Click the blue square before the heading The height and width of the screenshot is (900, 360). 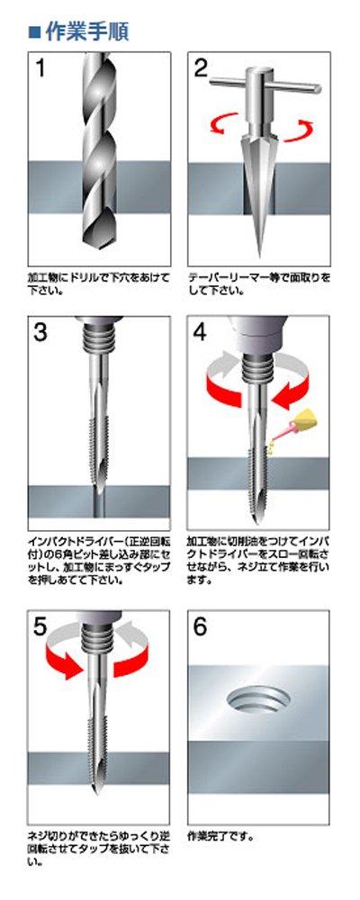(x=34, y=32)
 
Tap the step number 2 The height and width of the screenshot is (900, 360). (x=202, y=69)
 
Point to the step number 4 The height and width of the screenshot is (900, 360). (x=202, y=332)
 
